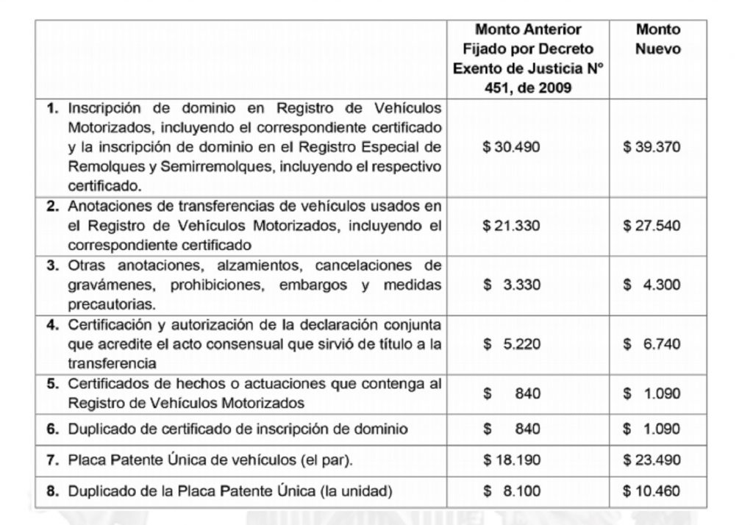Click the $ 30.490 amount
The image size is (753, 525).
(511, 147)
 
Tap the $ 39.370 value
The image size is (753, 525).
(652, 147)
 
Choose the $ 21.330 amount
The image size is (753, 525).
(511, 225)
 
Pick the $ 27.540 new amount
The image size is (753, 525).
(652, 225)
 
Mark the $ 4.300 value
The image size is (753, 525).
(652, 285)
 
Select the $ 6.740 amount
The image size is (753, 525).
(652, 343)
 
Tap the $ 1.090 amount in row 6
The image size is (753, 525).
(652, 429)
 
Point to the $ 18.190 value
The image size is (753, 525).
(511, 460)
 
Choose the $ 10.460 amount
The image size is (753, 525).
(652, 490)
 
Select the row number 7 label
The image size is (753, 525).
(51, 461)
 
